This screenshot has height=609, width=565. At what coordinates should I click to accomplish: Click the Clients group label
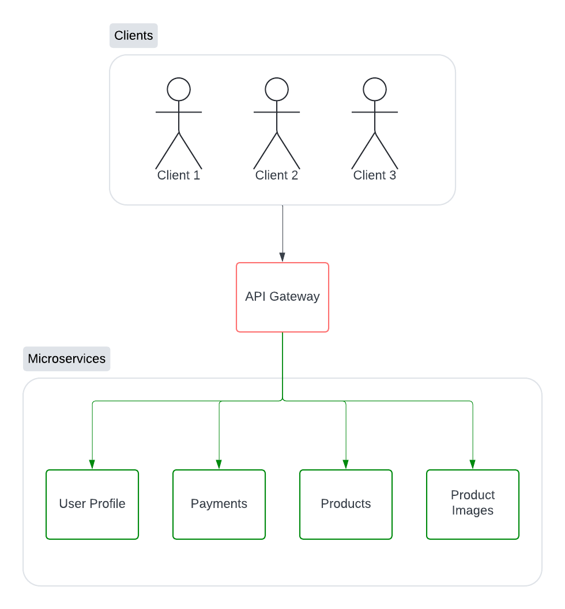[x=133, y=36]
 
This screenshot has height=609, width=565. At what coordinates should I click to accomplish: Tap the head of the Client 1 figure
[x=179, y=89]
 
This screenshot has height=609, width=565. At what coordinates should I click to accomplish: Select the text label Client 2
[x=277, y=175]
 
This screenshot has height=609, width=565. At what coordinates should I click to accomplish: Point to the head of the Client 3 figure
[x=375, y=89]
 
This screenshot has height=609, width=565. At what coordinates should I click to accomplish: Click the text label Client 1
[x=179, y=175]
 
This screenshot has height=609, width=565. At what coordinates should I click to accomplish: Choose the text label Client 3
[x=375, y=175]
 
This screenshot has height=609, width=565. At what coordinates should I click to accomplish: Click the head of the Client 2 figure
[x=277, y=89]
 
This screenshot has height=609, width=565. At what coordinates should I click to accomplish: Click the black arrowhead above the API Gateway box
[x=282, y=257]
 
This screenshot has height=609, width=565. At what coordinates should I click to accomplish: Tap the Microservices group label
[x=66, y=359]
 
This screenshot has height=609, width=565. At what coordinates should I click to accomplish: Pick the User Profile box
[x=92, y=504]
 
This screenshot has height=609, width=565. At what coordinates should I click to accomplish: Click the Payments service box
[x=219, y=504]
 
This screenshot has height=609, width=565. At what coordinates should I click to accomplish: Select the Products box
[x=346, y=504]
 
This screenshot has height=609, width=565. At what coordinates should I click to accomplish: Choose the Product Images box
[x=473, y=504]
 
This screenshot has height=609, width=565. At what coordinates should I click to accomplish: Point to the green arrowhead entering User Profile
[x=92, y=464]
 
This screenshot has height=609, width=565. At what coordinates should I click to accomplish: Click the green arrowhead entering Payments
[x=219, y=464]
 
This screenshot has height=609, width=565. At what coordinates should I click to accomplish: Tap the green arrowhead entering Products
[x=346, y=464]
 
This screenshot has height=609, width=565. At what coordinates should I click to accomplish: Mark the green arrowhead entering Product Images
[x=473, y=464]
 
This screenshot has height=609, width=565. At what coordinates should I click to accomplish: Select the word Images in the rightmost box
[x=473, y=511]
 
